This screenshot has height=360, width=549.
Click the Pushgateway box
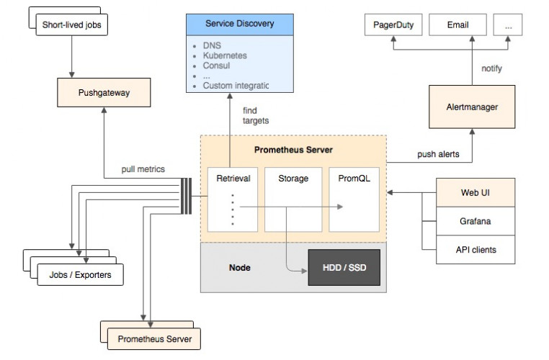click(x=103, y=93)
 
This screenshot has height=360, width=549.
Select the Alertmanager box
click(x=472, y=107)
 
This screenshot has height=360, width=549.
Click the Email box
click(x=458, y=25)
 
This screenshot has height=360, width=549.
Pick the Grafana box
click(x=475, y=221)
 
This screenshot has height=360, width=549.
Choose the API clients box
click(x=475, y=250)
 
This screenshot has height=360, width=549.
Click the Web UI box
click(x=475, y=192)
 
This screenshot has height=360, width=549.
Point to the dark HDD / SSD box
click(x=343, y=268)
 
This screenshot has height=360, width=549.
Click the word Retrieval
click(x=233, y=179)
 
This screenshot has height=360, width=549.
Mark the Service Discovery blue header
click(x=239, y=24)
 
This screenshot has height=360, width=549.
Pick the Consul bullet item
click(x=216, y=65)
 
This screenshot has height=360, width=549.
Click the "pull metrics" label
click(x=143, y=169)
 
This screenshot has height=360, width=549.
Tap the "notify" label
click(x=491, y=68)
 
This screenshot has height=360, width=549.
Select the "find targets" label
click(x=256, y=115)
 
